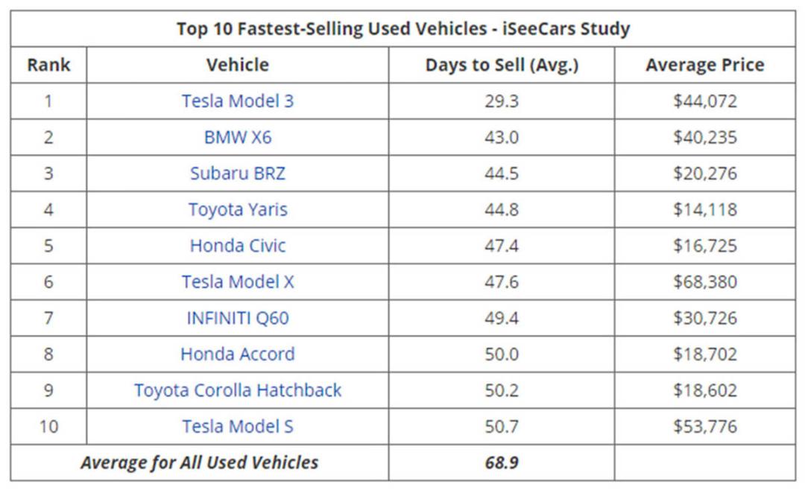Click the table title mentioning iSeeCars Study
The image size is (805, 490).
(x=403, y=29)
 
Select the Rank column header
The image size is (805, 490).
(x=48, y=65)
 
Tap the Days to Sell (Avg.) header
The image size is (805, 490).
(x=502, y=66)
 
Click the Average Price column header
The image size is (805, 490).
(x=705, y=65)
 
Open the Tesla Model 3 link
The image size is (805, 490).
(x=238, y=101)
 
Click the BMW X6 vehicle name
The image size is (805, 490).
(x=238, y=137)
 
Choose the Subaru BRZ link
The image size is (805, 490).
(x=238, y=174)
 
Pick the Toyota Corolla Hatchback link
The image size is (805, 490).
(x=238, y=390)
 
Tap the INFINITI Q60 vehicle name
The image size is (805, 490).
(x=238, y=318)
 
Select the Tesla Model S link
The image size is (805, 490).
(x=238, y=427)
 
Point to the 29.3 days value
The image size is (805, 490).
(x=502, y=101)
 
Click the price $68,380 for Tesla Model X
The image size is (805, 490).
(x=705, y=281)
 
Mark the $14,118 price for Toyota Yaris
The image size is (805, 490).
(x=705, y=209)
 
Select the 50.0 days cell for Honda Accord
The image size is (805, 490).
(x=502, y=354)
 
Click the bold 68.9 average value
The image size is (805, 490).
(x=502, y=462)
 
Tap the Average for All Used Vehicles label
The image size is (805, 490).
(x=199, y=462)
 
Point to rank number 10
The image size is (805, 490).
(x=48, y=427)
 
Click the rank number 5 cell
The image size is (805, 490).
(x=48, y=246)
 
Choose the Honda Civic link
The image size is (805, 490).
(x=238, y=246)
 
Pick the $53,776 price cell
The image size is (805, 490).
(x=705, y=427)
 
